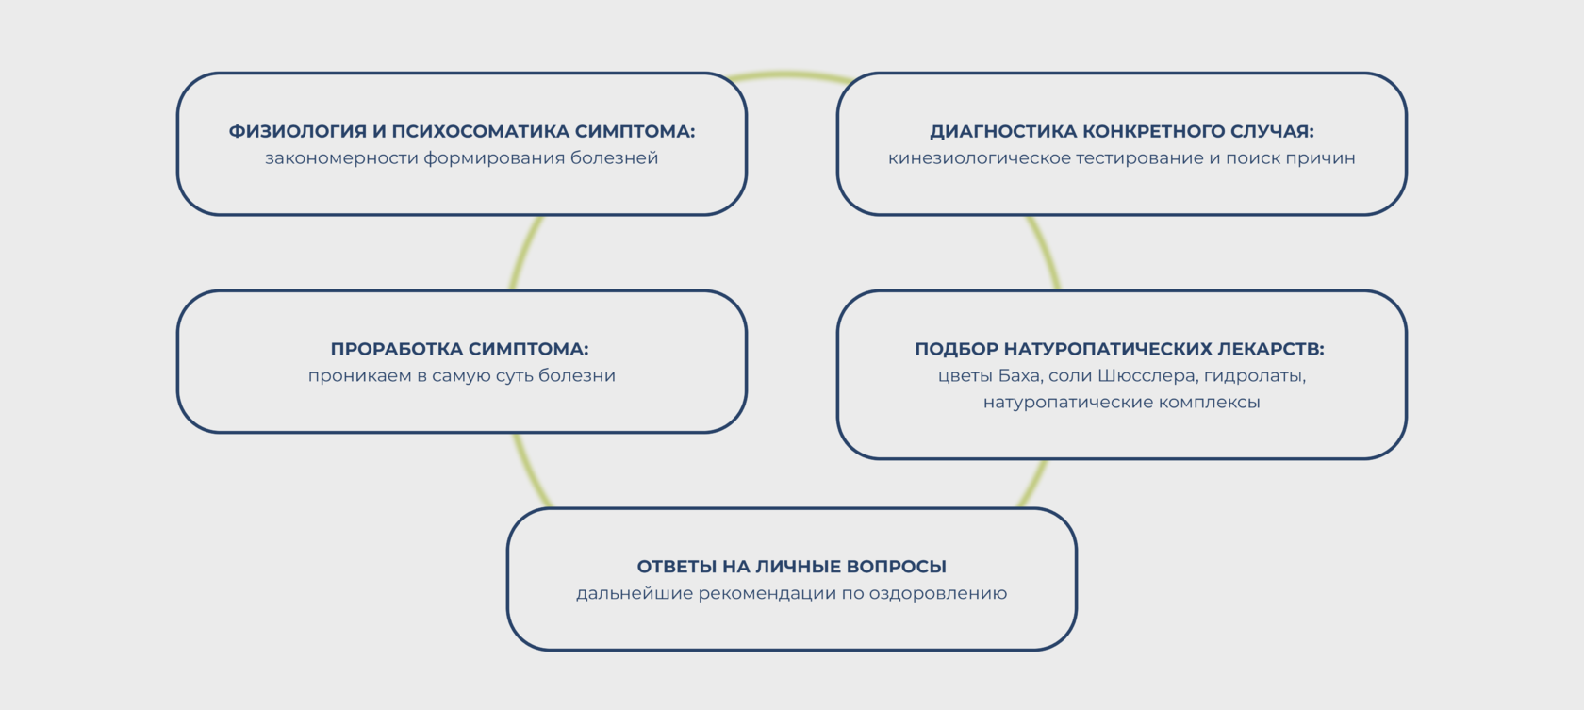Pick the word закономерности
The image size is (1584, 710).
[340, 158]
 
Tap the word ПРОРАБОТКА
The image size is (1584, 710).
[395, 350]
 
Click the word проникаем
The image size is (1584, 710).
[359, 376]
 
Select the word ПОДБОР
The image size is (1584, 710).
[955, 350]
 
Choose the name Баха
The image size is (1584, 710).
[1018, 376]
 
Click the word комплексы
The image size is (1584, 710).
[1215, 403]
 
